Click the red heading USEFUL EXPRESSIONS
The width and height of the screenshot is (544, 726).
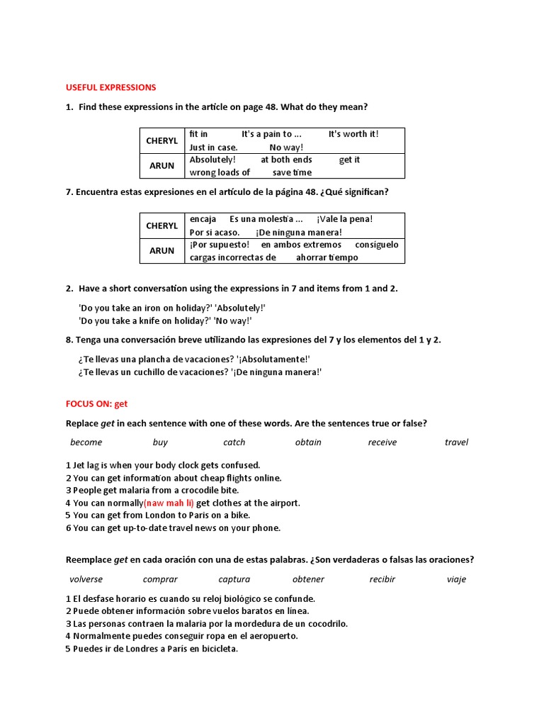[x=110, y=87]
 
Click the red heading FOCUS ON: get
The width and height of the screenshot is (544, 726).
[x=96, y=403]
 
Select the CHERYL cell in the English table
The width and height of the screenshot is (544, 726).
[x=161, y=140]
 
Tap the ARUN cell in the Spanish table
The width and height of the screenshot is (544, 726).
[x=161, y=250]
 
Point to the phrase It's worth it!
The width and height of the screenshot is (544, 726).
[x=353, y=134]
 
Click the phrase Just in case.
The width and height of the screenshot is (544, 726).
[x=213, y=147]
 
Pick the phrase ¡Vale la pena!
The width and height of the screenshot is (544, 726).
[x=344, y=219]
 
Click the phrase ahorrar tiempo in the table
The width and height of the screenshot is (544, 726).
[x=327, y=257]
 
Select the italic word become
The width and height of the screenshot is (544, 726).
[x=86, y=442]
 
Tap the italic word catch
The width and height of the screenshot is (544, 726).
[x=234, y=442]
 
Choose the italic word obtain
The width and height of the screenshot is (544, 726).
[x=308, y=442]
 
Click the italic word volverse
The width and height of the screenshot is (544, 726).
[x=86, y=579]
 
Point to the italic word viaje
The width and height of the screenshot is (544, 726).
[x=456, y=579]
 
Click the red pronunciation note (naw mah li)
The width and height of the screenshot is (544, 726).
[x=169, y=503]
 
